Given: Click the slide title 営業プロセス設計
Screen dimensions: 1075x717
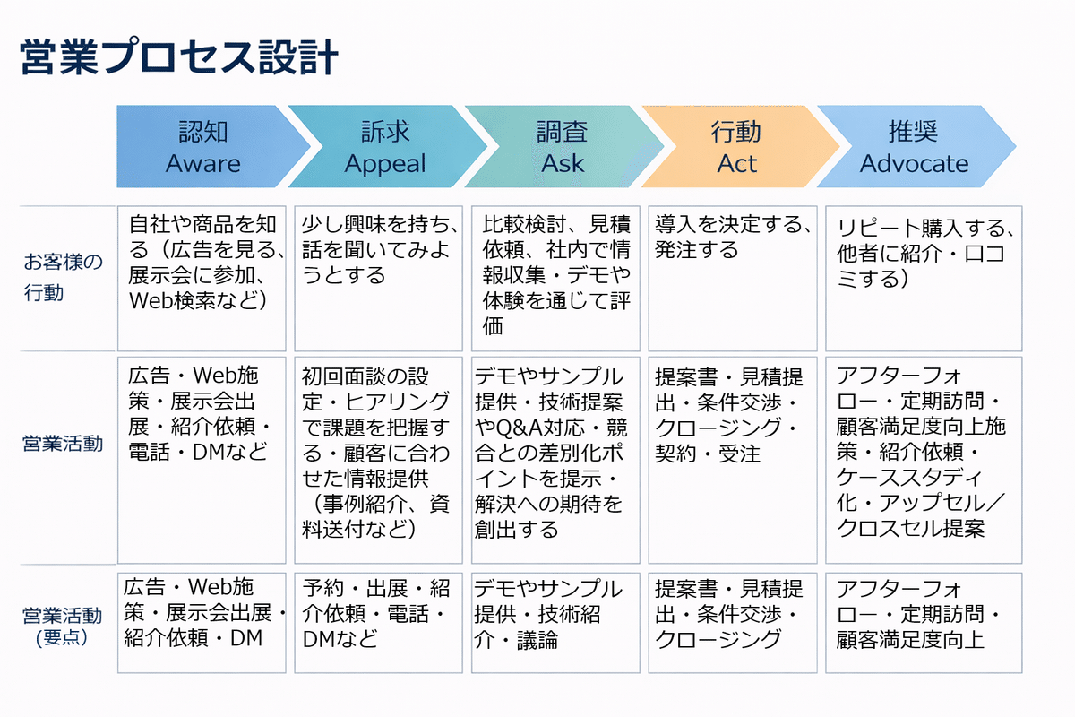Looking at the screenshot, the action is point(179,57).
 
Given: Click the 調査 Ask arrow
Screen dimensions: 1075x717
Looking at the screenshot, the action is point(563,146).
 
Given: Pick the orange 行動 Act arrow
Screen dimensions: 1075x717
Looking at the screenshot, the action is point(739,146).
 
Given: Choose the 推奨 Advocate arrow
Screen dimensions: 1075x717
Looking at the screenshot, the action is point(916,146).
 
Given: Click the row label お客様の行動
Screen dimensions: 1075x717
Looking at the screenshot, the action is point(63,277).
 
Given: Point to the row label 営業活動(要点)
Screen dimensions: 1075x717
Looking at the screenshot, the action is point(62,626).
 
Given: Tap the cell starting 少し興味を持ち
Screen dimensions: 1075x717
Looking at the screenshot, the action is point(378,279).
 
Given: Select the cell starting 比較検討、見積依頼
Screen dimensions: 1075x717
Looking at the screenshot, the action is point(555,279).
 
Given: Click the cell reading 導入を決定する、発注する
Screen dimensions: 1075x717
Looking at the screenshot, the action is point(733,279).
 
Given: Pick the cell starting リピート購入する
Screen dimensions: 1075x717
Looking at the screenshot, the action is point(924,279).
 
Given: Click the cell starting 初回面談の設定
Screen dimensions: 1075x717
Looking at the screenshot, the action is point(378,460).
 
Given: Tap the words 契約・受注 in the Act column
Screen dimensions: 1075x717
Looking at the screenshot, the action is point(708,454).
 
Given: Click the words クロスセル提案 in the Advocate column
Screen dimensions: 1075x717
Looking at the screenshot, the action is point(910,528).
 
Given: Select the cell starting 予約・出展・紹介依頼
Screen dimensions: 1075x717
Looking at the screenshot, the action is point(378,623).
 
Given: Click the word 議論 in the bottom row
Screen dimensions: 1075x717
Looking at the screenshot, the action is point(537,640).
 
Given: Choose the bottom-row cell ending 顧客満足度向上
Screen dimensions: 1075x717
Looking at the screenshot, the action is point(924,623).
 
